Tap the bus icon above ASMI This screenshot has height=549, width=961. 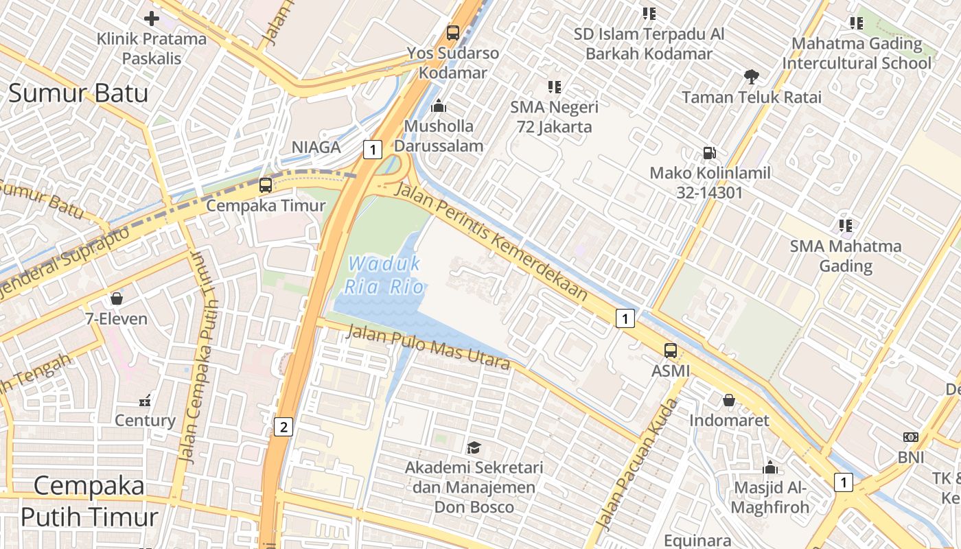(671, 351)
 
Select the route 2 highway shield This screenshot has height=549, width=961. (283, 427)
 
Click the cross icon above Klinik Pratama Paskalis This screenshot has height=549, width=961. (152, 19)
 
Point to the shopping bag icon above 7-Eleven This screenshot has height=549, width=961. (117, 299)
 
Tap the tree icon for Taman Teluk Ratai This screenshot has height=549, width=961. (752, 77)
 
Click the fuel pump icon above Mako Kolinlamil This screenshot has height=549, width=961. (710, 153)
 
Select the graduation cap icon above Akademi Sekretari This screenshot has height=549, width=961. (474, 448)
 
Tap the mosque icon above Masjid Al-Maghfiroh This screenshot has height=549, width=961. (770, 468)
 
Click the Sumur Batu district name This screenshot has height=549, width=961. (78, 93)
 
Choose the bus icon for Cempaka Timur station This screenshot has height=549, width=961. (266, 185)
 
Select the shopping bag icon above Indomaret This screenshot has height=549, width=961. (729, 400)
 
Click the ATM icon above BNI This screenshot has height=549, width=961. (911, 437)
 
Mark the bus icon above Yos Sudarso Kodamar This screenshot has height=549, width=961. (453, 32)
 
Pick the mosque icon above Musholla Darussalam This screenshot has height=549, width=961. (439, 106)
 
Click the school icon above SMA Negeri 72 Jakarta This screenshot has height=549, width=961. (555, 87)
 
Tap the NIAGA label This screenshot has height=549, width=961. (316, 147)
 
